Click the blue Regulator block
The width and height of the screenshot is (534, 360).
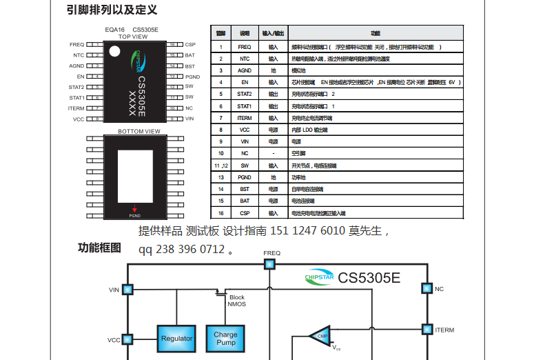[176, 339]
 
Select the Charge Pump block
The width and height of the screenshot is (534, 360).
[225, 339]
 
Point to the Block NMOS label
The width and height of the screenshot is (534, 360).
[236, 301]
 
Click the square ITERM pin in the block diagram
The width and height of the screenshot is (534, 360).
[427, 330]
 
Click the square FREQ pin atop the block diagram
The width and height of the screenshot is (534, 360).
[270, 263]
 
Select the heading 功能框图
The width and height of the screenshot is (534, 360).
[99, 248]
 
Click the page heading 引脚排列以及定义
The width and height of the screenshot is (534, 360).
[112, 10]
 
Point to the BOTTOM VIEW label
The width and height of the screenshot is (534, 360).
[138, 131]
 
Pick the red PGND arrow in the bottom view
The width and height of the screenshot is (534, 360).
[135, 210]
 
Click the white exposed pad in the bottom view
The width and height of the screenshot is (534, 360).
[135, 175]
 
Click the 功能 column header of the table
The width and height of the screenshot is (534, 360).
[376, 33]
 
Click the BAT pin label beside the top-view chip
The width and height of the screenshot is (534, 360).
[189, 54]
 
